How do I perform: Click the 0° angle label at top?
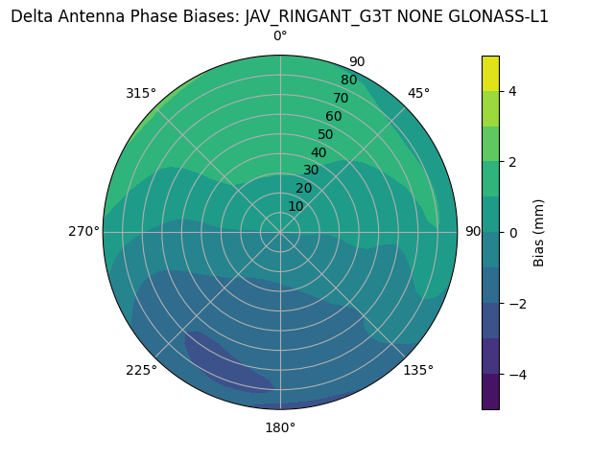coord(280,36)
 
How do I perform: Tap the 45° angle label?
coord(419,93)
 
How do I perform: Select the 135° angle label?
coord(418,370)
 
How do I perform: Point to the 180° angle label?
coord(280,427)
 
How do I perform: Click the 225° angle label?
coord(141,371)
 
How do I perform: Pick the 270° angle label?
coord(84,231)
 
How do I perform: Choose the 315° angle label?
coord(140,93)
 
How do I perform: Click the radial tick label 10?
coord(296,206)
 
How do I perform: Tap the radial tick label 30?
coord(312,170)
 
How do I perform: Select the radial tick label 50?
coord(326,134)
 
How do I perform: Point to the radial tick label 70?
coord(341,98)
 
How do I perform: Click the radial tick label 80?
coord(348,80)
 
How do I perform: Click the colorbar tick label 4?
coord(513,91)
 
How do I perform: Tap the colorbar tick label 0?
coord(513,232)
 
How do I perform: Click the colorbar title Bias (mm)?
coord(539,232)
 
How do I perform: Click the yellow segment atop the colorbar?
coord(490,73)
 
